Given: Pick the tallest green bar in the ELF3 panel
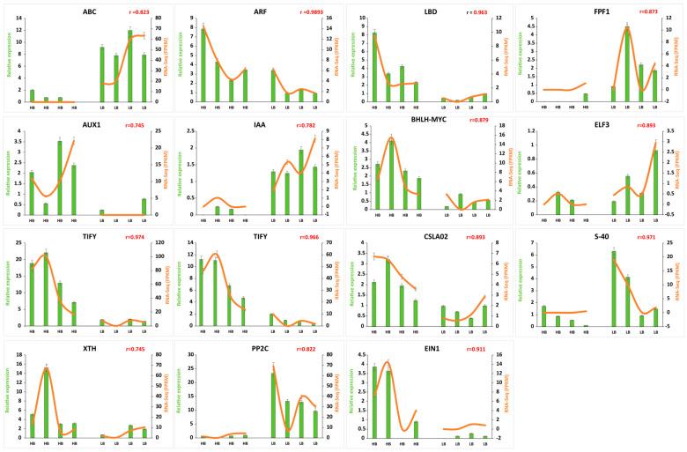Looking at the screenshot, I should pos(654,182).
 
